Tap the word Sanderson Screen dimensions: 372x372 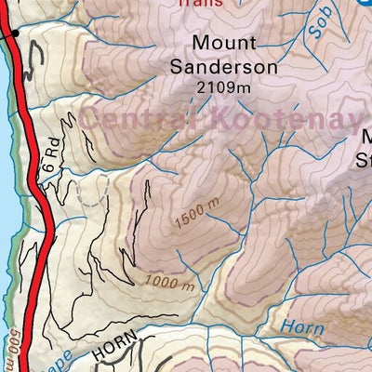tap(224, 67)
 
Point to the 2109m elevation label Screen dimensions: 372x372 tap(224, 87)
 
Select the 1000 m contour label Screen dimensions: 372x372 tap(169, 280)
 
